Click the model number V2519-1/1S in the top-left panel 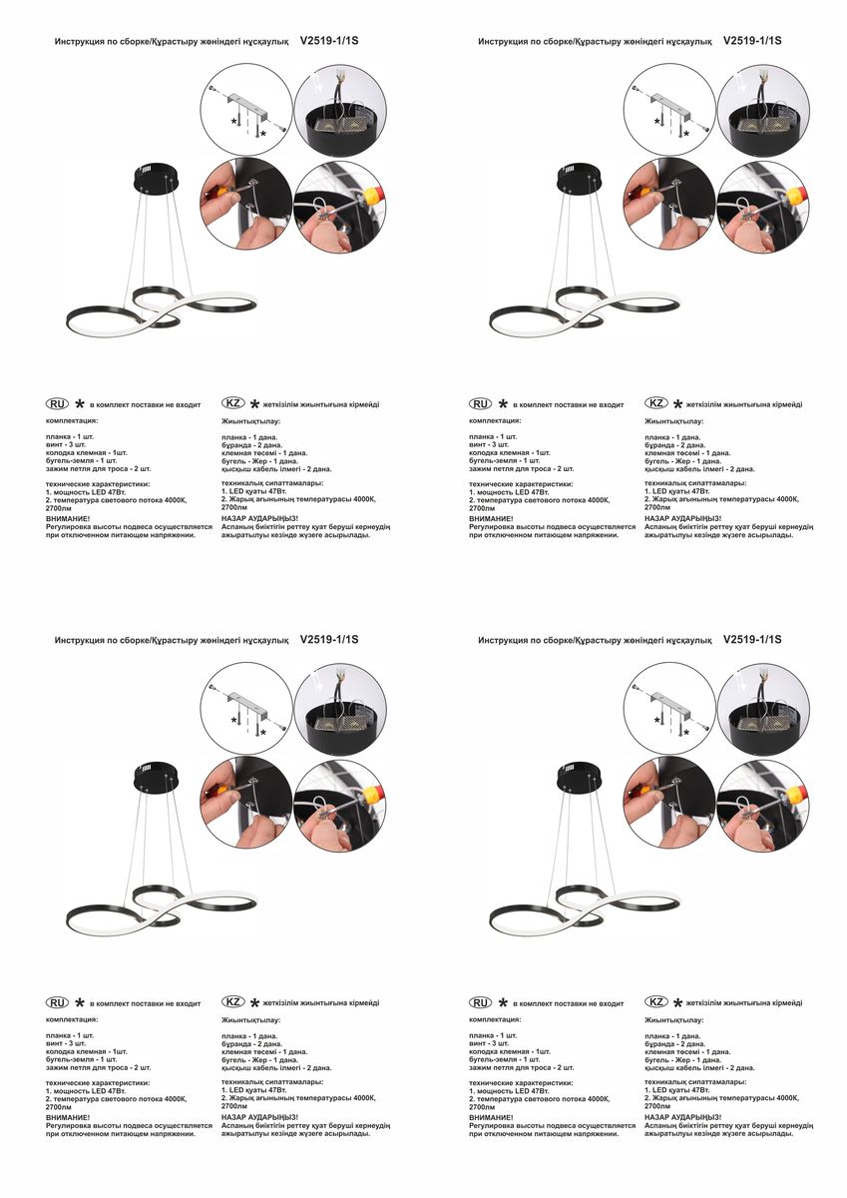(x=329, y=41)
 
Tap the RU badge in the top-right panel (x=480, y=403)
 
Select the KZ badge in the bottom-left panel (x=233, y=1001)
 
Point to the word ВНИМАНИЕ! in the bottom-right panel (x=491, y=1117)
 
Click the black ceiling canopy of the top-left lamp (x=156, y=179)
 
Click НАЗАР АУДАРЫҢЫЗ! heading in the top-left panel (x=259, y=518)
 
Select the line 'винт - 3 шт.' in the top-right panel (x=489, y=444)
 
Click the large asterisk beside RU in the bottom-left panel (x=80, y=1002)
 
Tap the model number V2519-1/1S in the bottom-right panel (x=752, y=639)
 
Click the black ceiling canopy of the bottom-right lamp (x=579, y=778)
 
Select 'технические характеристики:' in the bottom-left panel (x=98, y=1082)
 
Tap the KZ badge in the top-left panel (x=233, y=402)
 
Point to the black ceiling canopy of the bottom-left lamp (x=156, y=778)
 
